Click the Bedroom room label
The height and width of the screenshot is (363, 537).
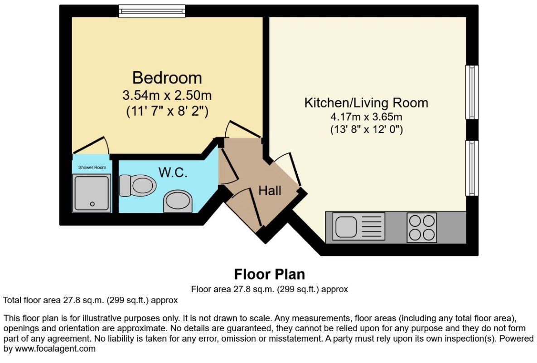167,78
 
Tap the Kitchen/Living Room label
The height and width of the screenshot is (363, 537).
366,103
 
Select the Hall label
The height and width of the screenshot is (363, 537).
270,191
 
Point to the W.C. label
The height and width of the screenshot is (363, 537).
173,172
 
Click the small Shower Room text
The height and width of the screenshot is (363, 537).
92,167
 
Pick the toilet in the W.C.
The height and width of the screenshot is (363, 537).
138,186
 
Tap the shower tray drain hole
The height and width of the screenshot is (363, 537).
92,204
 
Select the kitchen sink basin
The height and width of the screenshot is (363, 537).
346,226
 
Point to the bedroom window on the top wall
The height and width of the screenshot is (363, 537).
152,11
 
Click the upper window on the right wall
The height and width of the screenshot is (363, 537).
472,92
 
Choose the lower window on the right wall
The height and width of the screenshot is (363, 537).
472,168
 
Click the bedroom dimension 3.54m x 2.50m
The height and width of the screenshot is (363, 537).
167,95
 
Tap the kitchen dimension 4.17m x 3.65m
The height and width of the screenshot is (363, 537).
366,117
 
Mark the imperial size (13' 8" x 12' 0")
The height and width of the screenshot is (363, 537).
367,130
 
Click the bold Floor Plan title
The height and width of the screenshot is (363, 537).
270,274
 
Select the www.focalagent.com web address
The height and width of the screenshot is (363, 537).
55,349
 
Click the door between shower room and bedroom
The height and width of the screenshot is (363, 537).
91,145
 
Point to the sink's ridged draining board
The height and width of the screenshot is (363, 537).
371,226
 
